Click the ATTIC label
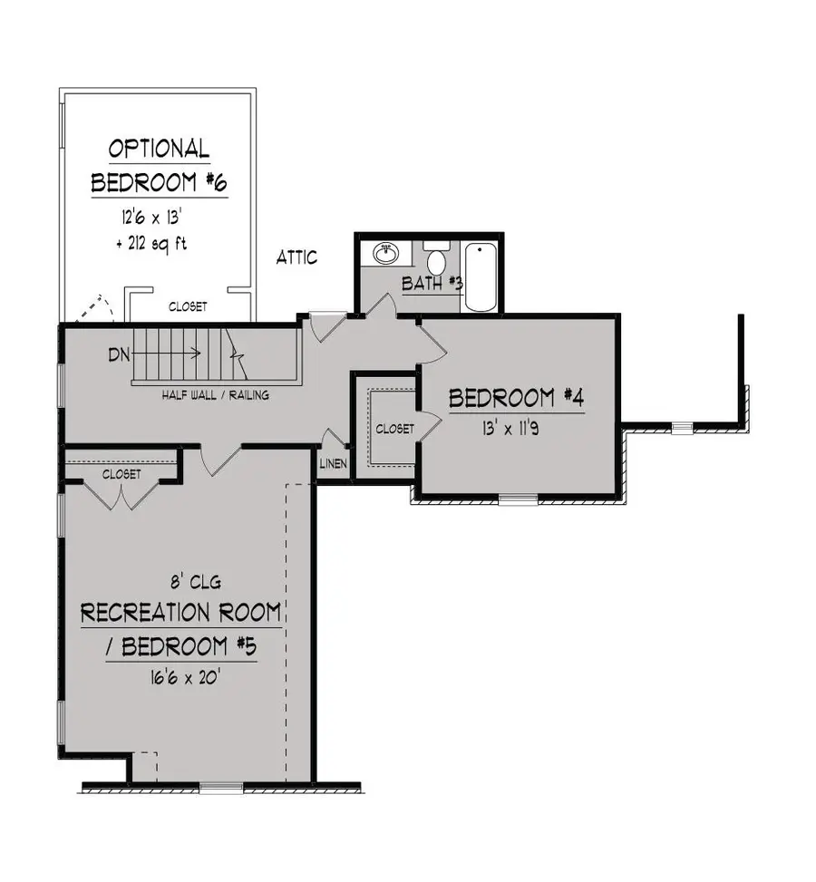(x=297, y=257)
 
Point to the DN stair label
(x=119, y=354)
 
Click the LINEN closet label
(x=332, y=464)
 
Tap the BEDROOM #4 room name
(x=514, y=397)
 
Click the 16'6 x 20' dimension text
(x=180, y=677)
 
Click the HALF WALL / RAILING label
(x=215, y=395)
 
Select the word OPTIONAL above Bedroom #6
(x=159, y=148)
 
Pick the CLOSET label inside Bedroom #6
(x=188, y=307)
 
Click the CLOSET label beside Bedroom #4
(x=394, y=428)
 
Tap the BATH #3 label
(x=432, y=284)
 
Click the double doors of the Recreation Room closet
(x=120, y=494)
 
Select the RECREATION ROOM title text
(x=180, y=612)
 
